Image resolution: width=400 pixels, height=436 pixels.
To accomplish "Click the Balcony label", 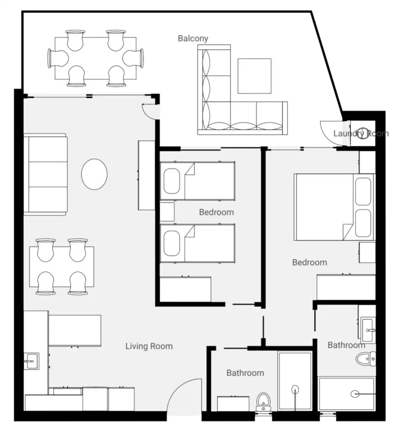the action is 193,39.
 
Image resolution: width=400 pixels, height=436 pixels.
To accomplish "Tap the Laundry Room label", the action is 361,134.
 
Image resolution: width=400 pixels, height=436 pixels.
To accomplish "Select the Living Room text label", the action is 149,346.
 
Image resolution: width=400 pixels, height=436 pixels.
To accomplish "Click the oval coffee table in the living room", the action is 94,174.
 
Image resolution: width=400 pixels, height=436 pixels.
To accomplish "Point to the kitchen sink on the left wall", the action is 32,361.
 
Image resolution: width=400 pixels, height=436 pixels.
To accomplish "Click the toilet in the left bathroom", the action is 263,402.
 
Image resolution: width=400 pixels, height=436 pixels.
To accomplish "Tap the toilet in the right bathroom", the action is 366,359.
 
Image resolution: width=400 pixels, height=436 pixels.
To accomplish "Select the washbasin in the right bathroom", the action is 368,330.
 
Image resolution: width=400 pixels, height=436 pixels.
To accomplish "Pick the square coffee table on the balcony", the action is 254,76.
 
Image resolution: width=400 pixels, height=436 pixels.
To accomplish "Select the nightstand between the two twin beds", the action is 167,212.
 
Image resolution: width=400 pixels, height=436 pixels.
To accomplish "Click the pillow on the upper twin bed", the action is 172,181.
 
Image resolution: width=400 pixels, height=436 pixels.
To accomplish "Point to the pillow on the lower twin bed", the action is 172,243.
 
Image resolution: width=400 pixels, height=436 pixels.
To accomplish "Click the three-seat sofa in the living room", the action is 45,174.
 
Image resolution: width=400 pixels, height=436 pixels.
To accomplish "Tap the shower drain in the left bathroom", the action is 295,389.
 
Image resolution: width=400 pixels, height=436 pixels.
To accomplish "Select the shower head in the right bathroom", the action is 355,394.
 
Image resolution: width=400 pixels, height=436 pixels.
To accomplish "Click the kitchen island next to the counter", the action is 75,330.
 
